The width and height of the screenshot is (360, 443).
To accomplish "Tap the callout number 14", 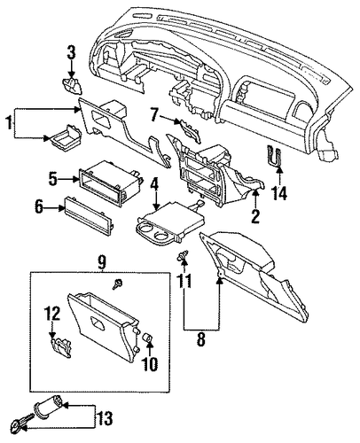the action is [279, 193].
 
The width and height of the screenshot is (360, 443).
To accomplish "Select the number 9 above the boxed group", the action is [101, 260].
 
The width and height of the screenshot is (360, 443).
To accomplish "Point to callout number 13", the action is [104, 418].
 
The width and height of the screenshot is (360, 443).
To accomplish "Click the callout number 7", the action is [153, 115].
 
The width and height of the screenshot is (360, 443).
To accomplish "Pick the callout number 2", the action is [255, 216].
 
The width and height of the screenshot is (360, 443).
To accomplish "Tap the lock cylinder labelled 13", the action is [49, 407].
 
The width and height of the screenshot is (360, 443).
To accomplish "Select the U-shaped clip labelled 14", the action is [274, 156].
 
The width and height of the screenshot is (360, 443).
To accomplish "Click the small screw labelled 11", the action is [182, 255].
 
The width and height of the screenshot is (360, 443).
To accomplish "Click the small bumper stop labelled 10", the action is [147, 337].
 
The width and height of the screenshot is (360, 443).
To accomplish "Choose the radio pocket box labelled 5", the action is [110, 183].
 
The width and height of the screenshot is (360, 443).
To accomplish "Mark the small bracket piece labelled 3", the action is [72, 85].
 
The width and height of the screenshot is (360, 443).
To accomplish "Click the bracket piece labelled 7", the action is [188, 131].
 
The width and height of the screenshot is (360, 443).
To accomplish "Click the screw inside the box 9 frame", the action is [117, 284].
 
